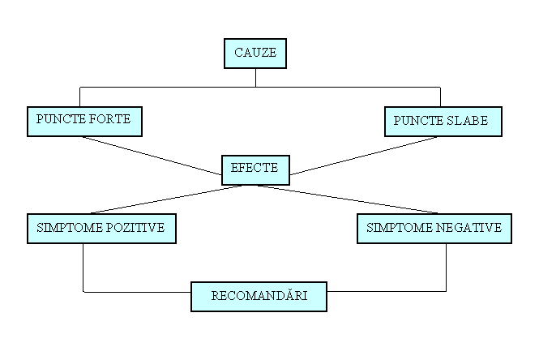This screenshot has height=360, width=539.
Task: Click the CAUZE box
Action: pyautogui.click(x=255, y=54)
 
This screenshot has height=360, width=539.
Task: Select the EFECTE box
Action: pyautogui.click(x=255, y=169)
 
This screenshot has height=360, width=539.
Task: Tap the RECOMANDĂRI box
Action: pyautogui.click(x=259, y=296)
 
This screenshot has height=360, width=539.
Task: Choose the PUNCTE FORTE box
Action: pyautogui.click(x=84, y=121)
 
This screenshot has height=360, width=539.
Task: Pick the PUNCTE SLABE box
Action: pyautogui.click(x=443, y=122)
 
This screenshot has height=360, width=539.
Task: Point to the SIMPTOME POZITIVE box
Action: pyautogui.click(x=101, y=229)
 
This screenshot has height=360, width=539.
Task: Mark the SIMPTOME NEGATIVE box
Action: pyautogui.click(x=434, y=229)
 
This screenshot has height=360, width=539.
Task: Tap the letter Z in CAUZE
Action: pyautogui.click(x=261, y=54)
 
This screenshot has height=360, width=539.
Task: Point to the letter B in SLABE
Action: pyautogui.click(x=473, y=122)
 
